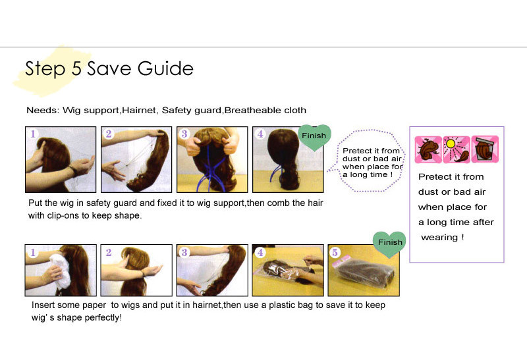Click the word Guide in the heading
(165, 68)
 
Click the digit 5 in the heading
(76, 68)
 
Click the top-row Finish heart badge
(314, 137)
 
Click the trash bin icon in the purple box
(485, 149)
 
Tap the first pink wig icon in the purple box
(428, 149)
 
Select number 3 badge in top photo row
(184, 134)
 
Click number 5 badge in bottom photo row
(335, 252)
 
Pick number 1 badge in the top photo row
(33, 134)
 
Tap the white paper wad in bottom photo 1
(59, 270)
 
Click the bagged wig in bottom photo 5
(365, 274)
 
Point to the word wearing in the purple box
(439, 238)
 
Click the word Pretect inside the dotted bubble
(357, 151)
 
